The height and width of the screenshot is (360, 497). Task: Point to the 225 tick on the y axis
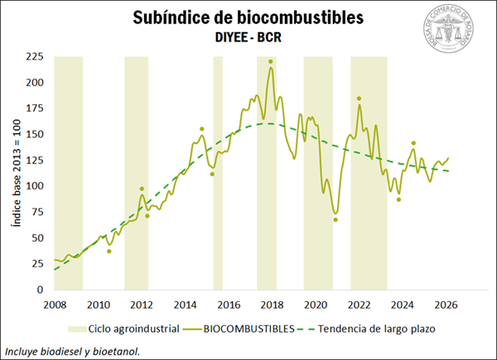point(35,56)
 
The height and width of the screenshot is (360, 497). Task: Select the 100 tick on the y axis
point(35,186)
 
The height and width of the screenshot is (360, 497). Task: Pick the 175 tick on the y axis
point(35,108)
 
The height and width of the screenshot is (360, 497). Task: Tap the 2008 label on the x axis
point(55,304)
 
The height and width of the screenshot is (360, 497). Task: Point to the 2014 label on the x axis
point(185,304)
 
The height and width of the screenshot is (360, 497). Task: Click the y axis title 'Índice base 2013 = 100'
point(14,174)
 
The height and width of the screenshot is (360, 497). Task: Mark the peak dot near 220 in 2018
point(271,61)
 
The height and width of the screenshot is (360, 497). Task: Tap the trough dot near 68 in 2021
point(335,219)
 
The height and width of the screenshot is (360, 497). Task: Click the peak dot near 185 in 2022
point(359,98)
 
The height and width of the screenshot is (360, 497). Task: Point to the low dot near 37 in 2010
point(109,252)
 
